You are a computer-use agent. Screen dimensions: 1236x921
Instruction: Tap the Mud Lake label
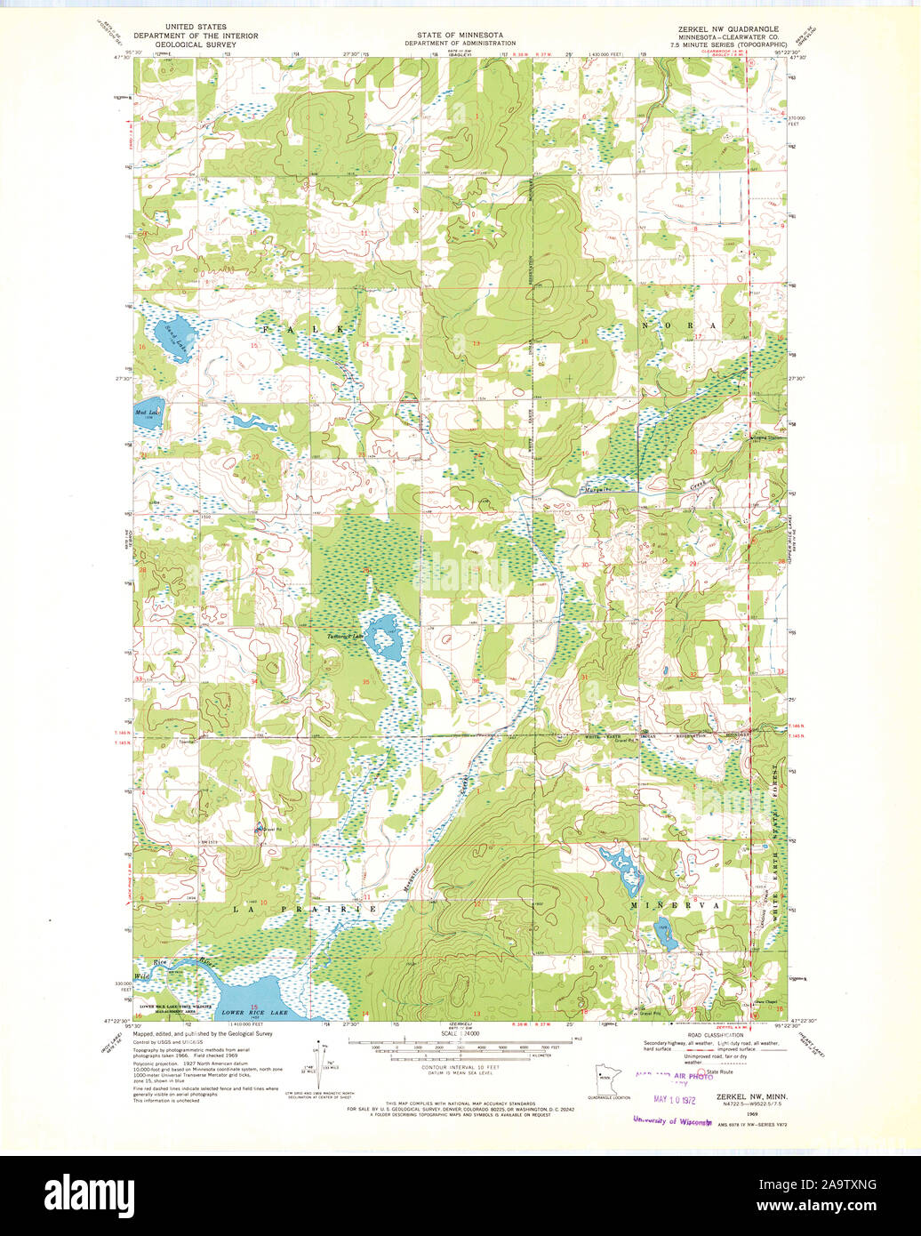click(x=148, y=413)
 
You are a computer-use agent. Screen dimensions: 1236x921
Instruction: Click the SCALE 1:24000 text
click(x=461, y=1034)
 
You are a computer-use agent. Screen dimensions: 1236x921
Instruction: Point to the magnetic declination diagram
click(x=321, y=1061)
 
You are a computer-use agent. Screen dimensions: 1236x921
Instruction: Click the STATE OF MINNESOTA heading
click(x=461, y=35)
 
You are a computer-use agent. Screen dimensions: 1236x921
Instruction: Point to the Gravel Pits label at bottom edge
click(x=651, y=1013)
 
